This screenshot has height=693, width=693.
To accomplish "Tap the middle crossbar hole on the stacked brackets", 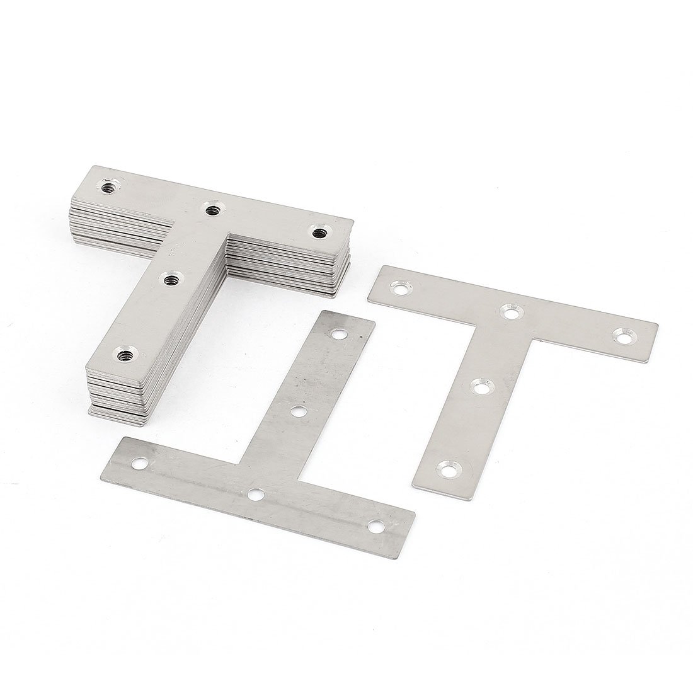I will (210, 209).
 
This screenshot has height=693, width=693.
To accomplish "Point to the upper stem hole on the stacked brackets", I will (170, 280).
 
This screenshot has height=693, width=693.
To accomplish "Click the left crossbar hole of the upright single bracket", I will (400, 289).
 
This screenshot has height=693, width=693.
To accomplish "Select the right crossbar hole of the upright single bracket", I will (624, 337).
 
